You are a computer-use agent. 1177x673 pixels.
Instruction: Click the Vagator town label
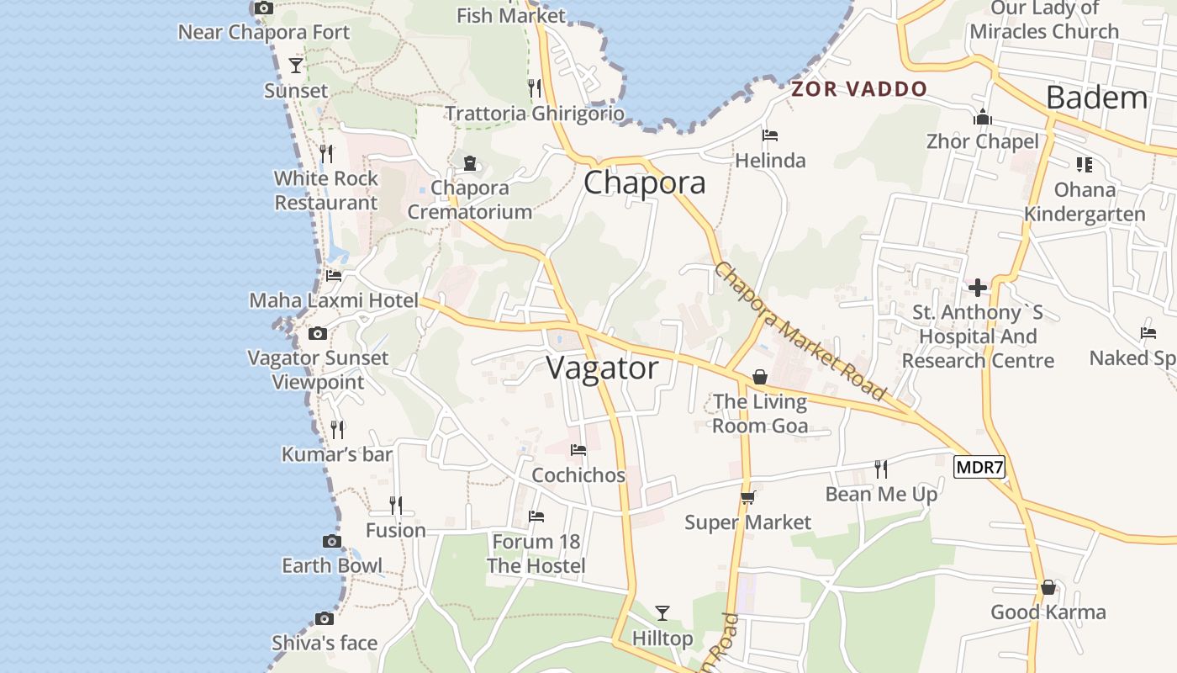(x=602, y=368)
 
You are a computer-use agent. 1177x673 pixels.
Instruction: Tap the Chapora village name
(x=644, y=183)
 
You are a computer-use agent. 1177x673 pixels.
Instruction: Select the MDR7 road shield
(x=979, y=468)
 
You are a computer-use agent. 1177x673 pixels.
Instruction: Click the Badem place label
(x=1096, y=98)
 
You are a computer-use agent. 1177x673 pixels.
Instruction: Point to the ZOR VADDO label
(x=859, y=89)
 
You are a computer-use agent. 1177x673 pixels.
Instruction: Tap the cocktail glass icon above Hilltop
(x=662, y=612)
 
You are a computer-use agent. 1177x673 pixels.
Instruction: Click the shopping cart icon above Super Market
(x=747, y=497)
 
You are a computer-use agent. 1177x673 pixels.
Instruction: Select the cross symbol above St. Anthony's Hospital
(x=977, y=288)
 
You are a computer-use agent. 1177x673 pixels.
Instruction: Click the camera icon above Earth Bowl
(x=332, y=541)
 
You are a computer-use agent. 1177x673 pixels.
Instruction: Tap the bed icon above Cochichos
(x=578, y=450)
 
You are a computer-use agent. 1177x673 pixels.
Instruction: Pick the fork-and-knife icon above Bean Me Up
(x=880, y=469)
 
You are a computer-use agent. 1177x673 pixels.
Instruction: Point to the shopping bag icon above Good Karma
(x=1048, y=587)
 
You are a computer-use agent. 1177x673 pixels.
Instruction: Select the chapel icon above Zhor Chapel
(x=982, y=117)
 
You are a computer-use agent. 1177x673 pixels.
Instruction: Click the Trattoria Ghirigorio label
(x=535, y=114)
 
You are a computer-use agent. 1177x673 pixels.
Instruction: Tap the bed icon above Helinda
(x=769, y=135)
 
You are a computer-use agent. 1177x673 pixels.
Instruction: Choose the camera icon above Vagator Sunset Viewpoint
(x=317, y=333)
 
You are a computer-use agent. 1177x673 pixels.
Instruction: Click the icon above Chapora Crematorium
(x=469, y=162)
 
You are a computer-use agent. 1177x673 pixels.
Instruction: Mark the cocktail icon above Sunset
(x=295, y=65)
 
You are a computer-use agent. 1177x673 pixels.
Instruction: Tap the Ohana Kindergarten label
(x=1085, y=202)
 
